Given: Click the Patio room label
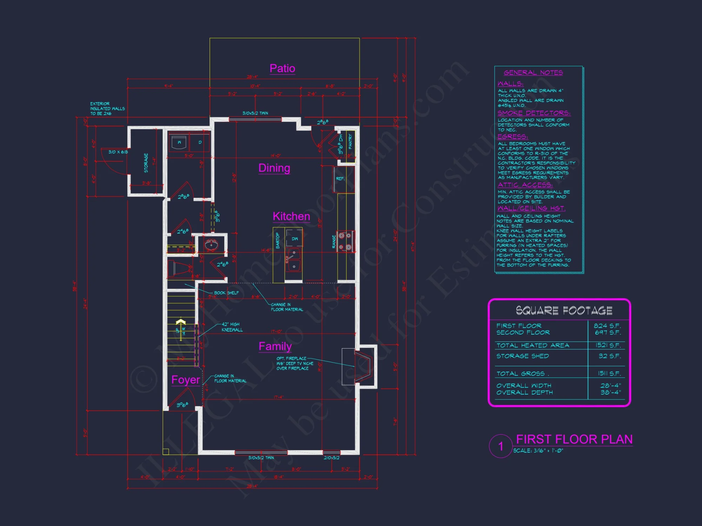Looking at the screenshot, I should pos(282,68).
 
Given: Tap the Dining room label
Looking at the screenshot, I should pos(274,168).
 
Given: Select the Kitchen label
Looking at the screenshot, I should pos(291,216).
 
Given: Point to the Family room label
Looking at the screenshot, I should pos(275,346).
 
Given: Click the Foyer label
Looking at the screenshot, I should pos(186,380).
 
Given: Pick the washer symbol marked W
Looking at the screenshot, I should pos(179,143).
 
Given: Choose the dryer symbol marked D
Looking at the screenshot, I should pos(200,143).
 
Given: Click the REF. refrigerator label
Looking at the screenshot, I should pos(340,179).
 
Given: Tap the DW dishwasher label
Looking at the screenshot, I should pos(294,239).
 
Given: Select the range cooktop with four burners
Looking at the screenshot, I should pos(345,242).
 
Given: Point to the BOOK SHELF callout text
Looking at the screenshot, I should pos(226,293).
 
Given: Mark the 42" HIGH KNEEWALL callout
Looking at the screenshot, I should pos(232,327).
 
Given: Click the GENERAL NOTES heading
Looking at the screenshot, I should pos(533,73).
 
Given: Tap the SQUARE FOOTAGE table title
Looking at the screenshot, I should pos(564,310).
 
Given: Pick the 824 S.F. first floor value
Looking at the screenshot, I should pos(607,326).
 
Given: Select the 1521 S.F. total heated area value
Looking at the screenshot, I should pos(608,345).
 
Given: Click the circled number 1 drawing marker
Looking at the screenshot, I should pos(501,446).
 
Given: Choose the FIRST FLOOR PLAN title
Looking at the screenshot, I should pos(574,439).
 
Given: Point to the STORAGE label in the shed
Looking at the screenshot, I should pos(146,163).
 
